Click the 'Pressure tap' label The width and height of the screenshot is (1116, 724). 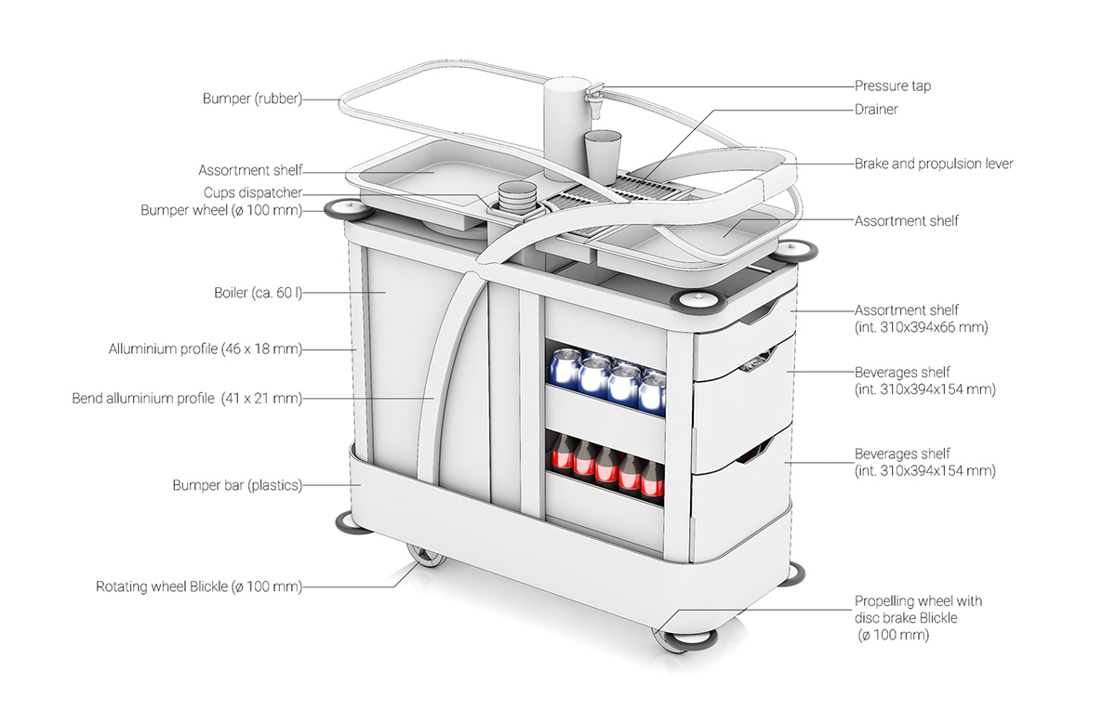[892, 86]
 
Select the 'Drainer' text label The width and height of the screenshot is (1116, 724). [876, 110]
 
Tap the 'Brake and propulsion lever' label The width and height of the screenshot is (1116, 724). [933, 164]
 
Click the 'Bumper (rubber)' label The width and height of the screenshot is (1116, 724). [252, 99]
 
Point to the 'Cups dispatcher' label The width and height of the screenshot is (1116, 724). [253, 192]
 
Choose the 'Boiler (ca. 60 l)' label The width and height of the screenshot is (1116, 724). [258, 293]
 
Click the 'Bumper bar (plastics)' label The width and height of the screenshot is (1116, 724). [237, 485]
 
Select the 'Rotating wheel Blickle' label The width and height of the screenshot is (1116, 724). [199, 586]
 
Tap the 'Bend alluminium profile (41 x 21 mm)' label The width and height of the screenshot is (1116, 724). [187, 399]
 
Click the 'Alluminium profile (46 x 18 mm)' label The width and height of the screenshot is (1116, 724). [206, 349]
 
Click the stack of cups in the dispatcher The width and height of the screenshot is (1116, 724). [517, 198]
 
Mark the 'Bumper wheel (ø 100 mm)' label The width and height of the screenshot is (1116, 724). [221, 210]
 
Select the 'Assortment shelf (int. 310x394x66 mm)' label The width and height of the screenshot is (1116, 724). [920, 319]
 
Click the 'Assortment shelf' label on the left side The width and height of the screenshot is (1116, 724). [250, 171]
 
